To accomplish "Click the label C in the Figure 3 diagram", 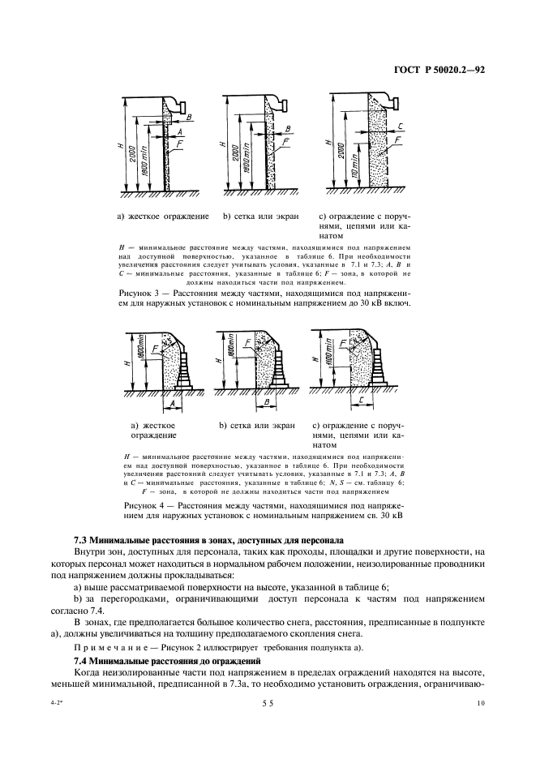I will (x=401, y=126).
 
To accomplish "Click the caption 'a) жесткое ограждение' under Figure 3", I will (x=163, y=217).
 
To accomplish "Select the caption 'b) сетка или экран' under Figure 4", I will (x=259, y=425).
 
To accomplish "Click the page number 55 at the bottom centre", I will (x=268, y=706).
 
